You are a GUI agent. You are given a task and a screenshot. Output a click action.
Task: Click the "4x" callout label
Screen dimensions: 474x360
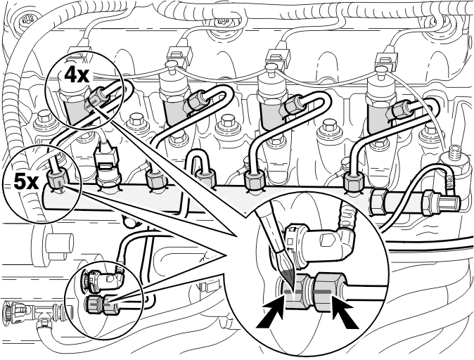(77, 75)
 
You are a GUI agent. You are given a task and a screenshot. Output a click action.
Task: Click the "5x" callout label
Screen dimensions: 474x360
(26, 182)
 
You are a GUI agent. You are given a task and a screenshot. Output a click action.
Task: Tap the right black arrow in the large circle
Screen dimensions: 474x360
(345, 312)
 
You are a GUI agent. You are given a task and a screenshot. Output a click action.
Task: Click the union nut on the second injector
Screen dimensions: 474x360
(196, 100)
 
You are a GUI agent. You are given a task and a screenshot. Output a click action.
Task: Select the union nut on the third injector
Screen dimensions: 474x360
(293, 105)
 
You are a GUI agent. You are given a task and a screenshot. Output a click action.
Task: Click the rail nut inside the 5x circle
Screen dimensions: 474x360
(58, 180)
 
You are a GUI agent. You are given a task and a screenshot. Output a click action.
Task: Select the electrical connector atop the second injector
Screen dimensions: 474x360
(179, 56)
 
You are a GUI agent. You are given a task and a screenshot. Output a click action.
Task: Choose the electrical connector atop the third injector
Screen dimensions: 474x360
(278, 58)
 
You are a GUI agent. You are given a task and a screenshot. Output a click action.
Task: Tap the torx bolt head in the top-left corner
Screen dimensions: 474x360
(23, 20)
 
